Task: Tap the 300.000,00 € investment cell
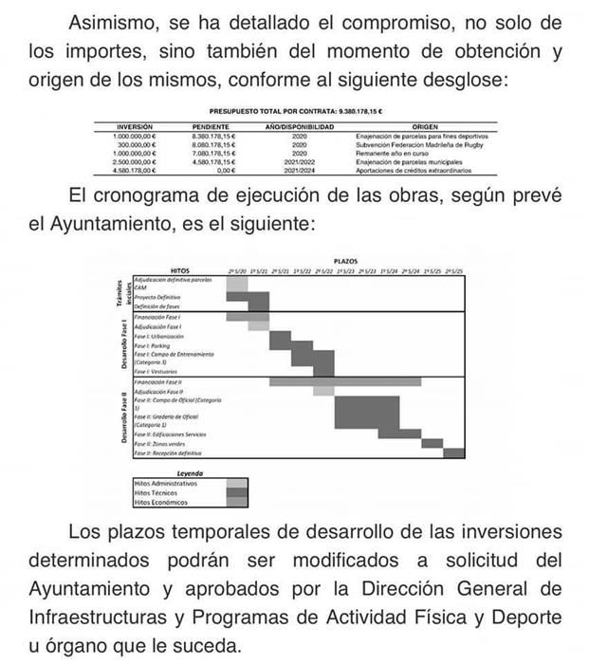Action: (134, 145)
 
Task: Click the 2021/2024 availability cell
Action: (300, 171)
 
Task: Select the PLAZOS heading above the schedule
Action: (346, 259)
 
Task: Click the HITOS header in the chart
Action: (179, 270)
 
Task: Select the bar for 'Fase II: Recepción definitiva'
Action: (453, 453)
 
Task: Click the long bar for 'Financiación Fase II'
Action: (345, 381)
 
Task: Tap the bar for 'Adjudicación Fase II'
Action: (323, 391)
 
